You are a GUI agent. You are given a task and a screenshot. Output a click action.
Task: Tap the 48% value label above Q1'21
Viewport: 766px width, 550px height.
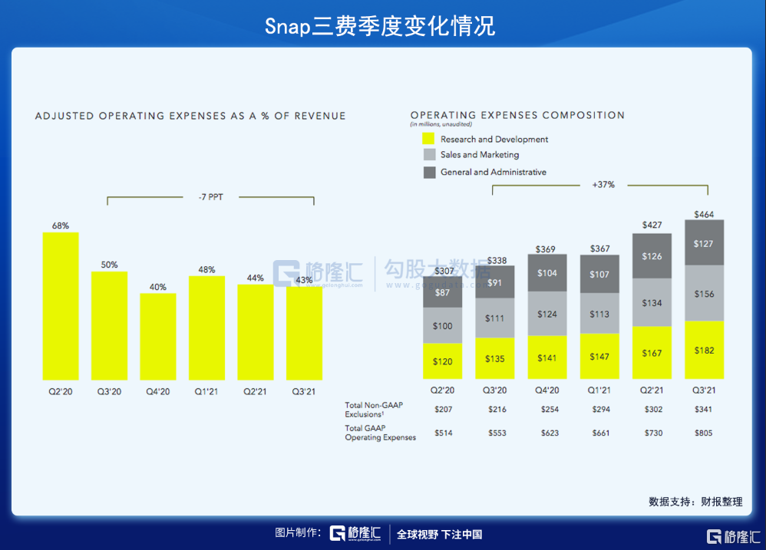point(206,269)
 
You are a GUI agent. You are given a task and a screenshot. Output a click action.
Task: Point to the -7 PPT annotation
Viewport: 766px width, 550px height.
point(210,197)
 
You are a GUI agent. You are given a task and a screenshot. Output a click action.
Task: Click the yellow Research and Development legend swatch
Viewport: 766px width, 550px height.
point(428,139)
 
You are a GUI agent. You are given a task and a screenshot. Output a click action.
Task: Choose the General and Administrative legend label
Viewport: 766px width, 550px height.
point(493,172)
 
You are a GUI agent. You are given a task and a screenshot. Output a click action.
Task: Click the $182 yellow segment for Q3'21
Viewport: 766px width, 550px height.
point(704,350)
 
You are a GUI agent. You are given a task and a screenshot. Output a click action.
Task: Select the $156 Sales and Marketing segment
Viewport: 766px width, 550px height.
point(704,293)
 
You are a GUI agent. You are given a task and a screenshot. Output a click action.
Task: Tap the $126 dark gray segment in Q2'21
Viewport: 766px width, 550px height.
point(652,256)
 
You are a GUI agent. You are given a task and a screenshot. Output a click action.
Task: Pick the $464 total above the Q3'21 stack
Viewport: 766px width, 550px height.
point(704,214)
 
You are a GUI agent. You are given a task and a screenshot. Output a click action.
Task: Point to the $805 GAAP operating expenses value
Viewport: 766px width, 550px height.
point(704,433)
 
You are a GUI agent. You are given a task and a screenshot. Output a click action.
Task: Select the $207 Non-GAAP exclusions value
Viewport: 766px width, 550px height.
point(443,410)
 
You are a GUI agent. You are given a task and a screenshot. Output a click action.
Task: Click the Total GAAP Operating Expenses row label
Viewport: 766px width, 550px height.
point(381,433)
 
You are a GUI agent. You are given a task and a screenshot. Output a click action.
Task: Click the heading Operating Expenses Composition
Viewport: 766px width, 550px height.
point(517,115)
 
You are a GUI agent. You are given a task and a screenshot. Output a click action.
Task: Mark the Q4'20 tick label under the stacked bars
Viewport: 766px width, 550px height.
point(547,390)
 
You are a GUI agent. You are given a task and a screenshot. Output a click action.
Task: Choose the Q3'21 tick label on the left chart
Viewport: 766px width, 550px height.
point(304,391)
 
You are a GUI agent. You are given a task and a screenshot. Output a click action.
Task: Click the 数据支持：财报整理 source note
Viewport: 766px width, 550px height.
point(695,502)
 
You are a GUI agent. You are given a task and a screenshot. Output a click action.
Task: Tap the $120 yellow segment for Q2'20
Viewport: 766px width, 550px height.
point(443,361)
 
